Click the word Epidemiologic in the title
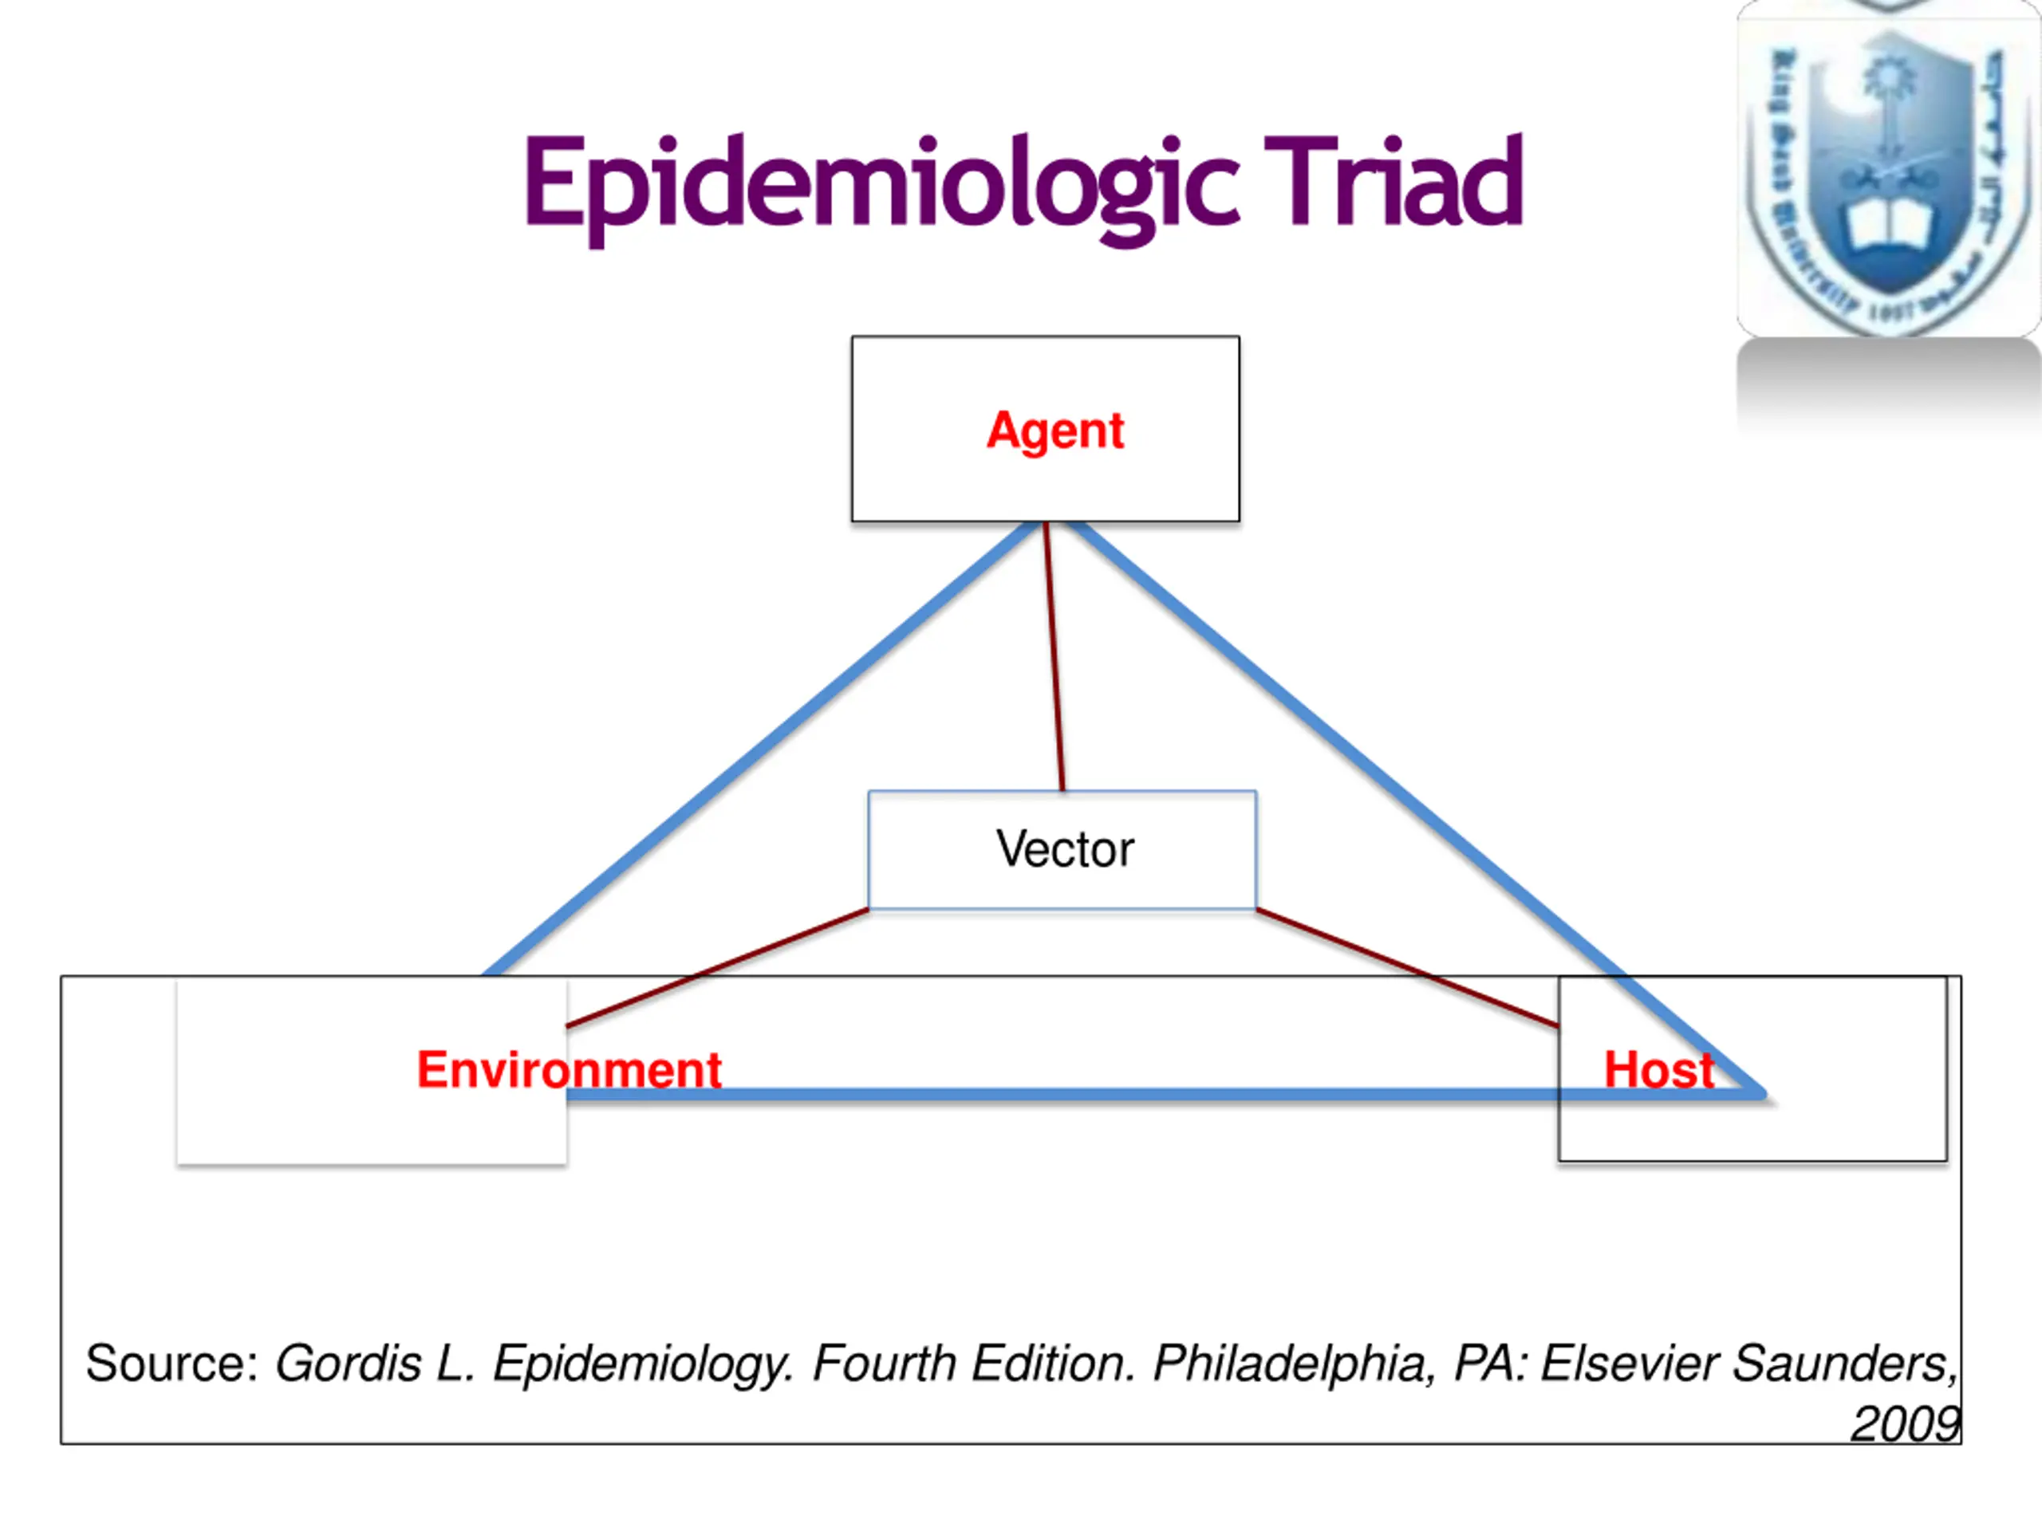pyautogui.click(x=881, y=183)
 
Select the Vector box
pyautogui.click(x=1062, y=849)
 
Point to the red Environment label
pyautogui.click(x=569, y=1069)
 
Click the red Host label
pyautogui.click(x=1658, y=1069)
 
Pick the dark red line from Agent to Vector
pyautogui.click(x=1054, y=655)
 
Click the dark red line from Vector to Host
pyautogui.click(x=1404, y=966)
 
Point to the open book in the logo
pyautogui.click(x=1888, y=225)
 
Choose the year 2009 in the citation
pyautogui.click(x=1904, y=1424)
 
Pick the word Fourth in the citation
pyautogui.click(x=883, y=1363)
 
